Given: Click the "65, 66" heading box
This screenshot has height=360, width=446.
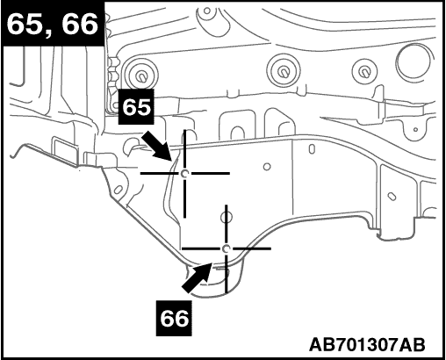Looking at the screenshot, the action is point(53,24).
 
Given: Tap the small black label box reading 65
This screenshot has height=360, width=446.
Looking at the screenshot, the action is point(136,107).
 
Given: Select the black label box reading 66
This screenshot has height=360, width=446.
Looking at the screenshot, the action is point(174,318).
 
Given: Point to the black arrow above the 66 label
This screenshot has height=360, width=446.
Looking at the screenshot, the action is point(197,277).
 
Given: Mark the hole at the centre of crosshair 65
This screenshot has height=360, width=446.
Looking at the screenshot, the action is point(184,174).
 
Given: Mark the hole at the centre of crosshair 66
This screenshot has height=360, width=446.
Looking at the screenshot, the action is point(226,248).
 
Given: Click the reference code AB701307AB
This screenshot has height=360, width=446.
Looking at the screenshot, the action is point(367,344).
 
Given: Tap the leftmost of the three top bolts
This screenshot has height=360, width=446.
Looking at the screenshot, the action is point(141,75).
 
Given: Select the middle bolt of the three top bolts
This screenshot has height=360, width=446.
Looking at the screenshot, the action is point(283,71).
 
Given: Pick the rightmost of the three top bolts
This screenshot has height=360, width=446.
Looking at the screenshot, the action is point(364,71).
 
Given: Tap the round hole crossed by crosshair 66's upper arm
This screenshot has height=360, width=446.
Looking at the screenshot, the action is point(227,217).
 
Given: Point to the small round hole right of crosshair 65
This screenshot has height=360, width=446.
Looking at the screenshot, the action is point(267,167).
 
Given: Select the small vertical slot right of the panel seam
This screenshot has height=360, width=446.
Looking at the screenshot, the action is point(312,148).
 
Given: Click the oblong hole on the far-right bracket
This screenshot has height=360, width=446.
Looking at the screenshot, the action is point(392,197).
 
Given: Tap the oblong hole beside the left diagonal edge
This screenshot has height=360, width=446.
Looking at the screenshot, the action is point(118,190).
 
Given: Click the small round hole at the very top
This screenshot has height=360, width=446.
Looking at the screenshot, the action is point(207,11).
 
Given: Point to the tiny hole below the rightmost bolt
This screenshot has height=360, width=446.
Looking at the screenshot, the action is point(415,129).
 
